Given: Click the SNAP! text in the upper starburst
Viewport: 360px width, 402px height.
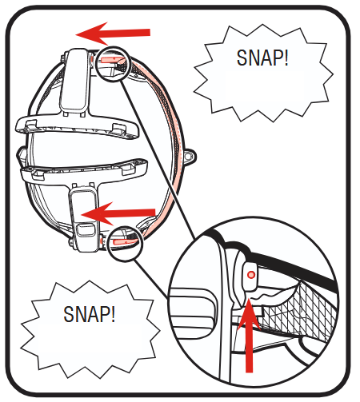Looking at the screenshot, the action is click(x=262, y=58).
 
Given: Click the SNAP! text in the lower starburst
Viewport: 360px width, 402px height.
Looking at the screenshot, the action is click(x=90, y=314).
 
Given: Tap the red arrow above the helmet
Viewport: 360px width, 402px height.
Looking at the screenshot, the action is click(x=113, y=34).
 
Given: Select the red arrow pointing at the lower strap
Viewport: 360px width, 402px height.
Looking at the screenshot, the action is click(x=118, y=213).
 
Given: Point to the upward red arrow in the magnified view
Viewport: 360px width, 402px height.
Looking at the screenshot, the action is click(x=249, y=336).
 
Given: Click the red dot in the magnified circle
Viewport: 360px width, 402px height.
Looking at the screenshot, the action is click(x=251, y=275).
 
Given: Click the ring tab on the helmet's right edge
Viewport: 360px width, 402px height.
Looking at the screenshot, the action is click(x=190, y=157).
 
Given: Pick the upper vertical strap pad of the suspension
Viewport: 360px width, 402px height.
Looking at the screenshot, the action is click(x=74, y=80).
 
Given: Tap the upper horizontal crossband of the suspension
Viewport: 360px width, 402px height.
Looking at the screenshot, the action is click(x=78, y=125).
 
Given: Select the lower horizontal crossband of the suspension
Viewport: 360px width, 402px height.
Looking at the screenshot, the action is click(x=84, y=170).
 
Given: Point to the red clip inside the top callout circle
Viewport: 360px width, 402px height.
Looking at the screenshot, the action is click(x=113, y=59).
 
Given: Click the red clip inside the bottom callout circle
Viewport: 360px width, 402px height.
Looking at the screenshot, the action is click(x=125, y=241).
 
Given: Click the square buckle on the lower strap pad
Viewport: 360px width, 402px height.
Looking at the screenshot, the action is click(x=86, y=230).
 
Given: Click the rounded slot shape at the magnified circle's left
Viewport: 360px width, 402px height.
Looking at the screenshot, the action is click(x=194, y=313).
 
